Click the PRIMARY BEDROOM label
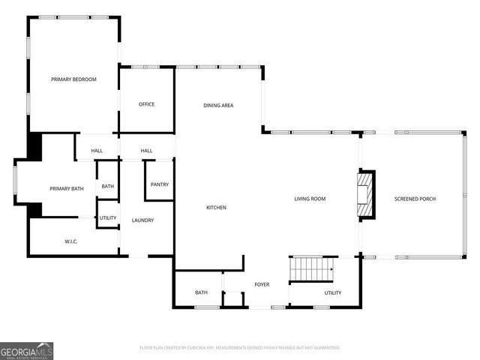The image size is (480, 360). (73, 79)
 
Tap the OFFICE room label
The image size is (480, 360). (146, 104)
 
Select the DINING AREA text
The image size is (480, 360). (218, 106)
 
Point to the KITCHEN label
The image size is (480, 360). (217, 208)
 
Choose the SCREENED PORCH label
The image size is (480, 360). (415, 199)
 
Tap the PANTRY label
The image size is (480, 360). (160, 184)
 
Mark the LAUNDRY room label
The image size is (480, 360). (142, 220)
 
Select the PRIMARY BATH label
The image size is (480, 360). (67, 189)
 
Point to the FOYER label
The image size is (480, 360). (262, 284)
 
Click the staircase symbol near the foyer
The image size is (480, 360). (311, 267)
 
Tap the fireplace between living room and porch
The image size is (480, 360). (365, 195)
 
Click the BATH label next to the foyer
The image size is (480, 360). (201, 292)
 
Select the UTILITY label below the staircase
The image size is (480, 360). (332, 292)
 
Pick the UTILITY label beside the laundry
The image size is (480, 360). (108, 218)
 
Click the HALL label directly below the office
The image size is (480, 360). (146, 151)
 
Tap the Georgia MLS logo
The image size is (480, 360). (27, 350)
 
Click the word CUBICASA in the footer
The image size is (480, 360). (191, 348)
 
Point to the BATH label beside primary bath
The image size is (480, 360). (108, 187)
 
